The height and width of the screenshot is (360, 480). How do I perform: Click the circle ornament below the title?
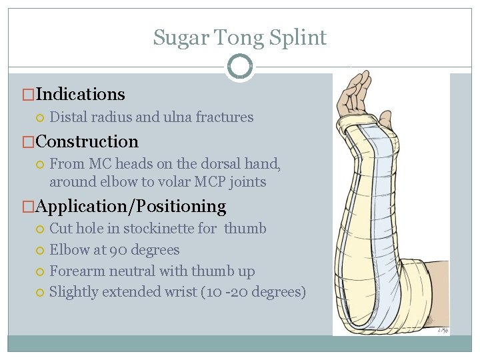[240, 67]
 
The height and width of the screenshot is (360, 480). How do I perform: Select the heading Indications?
[80, 94]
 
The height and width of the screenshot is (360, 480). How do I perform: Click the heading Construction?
[87, 141]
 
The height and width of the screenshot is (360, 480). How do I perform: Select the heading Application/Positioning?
[131, 206]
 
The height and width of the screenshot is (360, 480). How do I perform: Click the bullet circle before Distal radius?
[40, 118]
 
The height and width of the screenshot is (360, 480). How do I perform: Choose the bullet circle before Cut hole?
[40, 229]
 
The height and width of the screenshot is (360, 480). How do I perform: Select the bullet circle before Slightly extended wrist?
[40, 293]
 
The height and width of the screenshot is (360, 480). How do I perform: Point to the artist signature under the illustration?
[442, 329]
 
